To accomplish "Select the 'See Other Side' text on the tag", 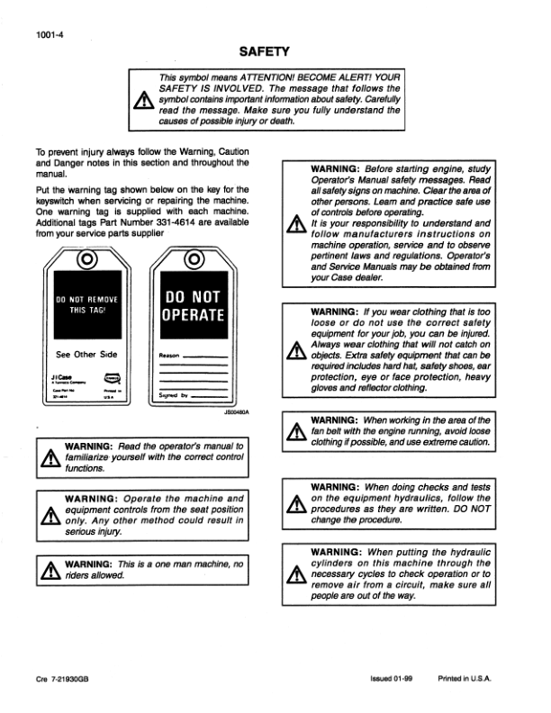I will (x=87, y=354).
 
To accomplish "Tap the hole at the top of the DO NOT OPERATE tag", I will (x=192, y=262).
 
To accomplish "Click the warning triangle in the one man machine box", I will (x=47, y=569).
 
